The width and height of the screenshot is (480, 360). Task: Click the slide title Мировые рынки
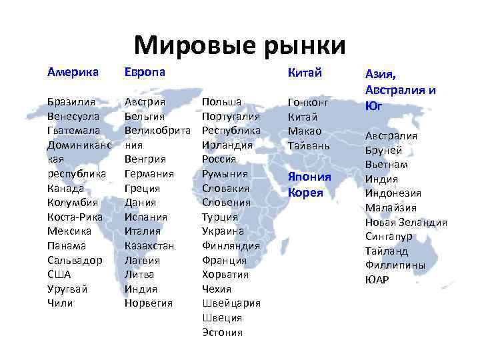[239, 45]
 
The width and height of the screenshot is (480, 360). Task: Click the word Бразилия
[71, 101]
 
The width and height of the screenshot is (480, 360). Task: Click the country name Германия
[149, 173]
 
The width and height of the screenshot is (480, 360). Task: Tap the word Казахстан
[149, 245]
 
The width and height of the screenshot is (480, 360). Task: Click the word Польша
[221, 101]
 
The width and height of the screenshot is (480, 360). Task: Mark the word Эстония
[223, 332]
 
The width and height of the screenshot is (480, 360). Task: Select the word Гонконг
[309, 102]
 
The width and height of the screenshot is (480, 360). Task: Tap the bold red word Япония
[309, 177]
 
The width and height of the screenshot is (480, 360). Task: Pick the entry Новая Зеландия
[406, 222]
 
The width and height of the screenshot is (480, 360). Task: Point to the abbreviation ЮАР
[377, 279]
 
